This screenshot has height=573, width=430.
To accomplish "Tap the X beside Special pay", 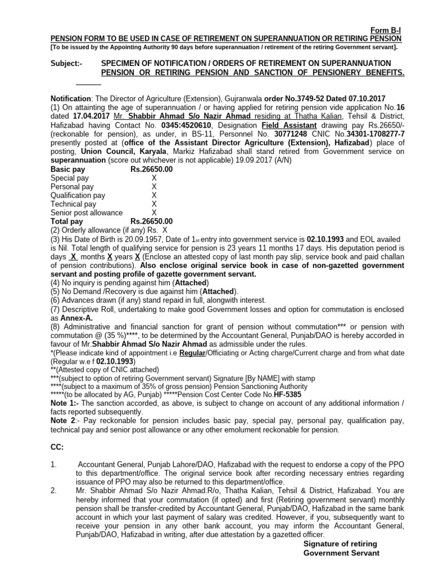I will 154,178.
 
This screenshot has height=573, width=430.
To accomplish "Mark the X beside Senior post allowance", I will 154,213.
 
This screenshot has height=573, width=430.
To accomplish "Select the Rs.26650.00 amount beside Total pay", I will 152,222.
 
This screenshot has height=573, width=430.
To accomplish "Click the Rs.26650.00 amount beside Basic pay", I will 152,169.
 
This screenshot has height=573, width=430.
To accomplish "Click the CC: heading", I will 57,447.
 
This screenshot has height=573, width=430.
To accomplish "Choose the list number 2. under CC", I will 54,491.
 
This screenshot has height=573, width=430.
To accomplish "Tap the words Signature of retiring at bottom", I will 340,544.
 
